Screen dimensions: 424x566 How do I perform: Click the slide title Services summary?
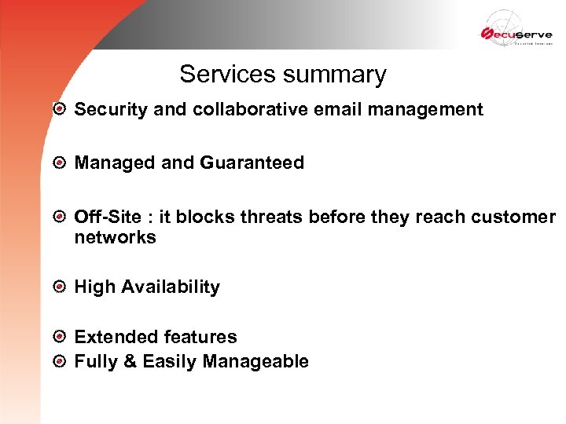283,74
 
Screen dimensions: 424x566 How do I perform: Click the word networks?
116,237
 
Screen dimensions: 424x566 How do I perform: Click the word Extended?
111,337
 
